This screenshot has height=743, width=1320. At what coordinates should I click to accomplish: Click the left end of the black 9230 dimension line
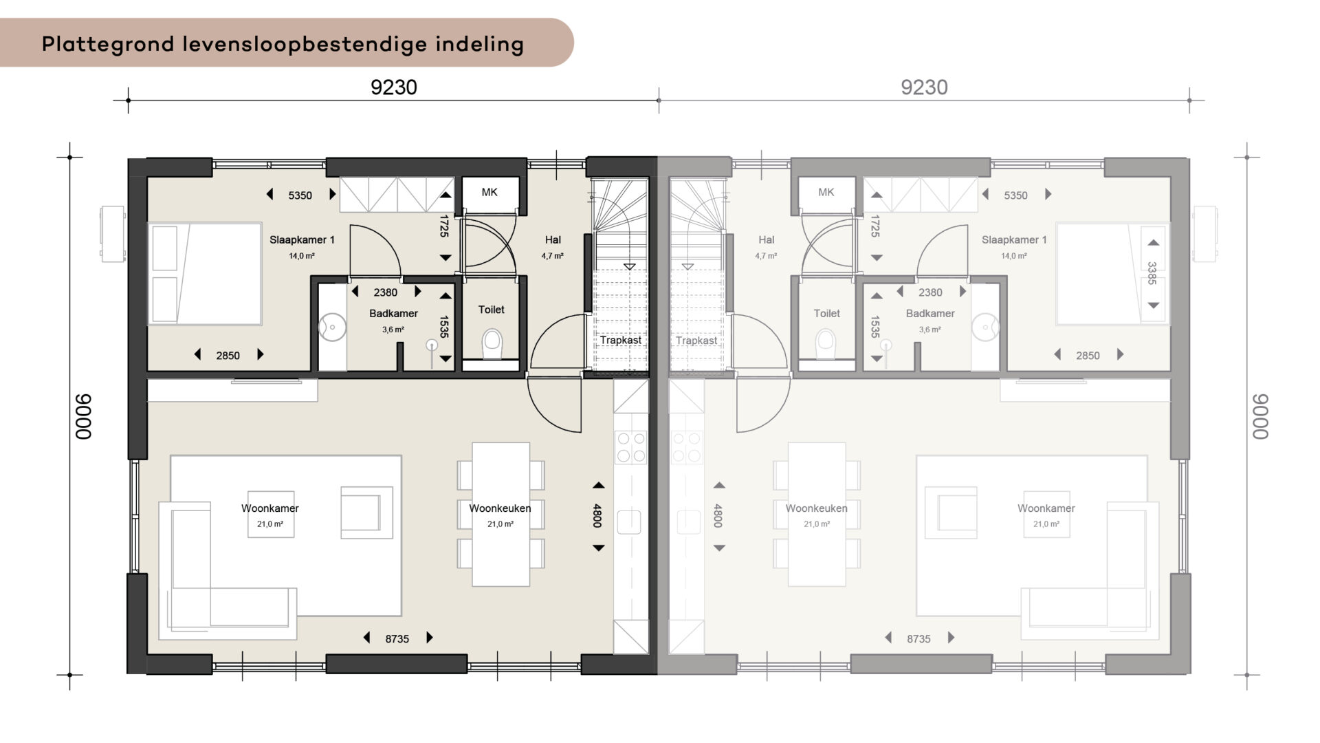pos(128,100)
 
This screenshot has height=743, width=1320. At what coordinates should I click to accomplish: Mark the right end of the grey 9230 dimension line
pos(1189,100)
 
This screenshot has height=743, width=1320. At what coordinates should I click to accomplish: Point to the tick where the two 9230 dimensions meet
pos(659,100)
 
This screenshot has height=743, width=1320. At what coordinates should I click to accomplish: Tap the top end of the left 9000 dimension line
pos(69,158)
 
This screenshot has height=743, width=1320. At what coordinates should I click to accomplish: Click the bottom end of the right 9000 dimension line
pos(1247,675)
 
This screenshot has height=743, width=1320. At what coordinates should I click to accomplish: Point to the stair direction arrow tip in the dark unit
pos(630,268)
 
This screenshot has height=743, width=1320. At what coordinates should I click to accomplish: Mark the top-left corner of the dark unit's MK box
pos(462,177)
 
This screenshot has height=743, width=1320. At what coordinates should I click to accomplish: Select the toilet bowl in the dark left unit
pos(492,343)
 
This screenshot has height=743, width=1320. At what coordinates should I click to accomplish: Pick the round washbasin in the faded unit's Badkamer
pos(986,327)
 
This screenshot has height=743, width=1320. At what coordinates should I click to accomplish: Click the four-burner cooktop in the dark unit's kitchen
pos(631,446)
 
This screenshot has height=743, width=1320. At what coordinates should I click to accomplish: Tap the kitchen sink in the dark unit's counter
pos(629,522)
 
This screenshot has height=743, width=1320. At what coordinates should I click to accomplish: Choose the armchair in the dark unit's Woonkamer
pos(367,512)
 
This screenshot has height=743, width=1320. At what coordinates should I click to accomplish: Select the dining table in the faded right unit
pos(817,515)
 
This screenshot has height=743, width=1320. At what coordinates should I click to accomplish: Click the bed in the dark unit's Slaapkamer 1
pos(205,273)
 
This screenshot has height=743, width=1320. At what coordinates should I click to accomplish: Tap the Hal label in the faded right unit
pos(767,240)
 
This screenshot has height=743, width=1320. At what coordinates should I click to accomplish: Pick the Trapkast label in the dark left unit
pos(621,340)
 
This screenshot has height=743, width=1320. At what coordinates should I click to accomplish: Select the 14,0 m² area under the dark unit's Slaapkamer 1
pos(302,256)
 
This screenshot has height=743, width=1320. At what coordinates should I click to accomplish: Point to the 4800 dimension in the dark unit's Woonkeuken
pos(597,516)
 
